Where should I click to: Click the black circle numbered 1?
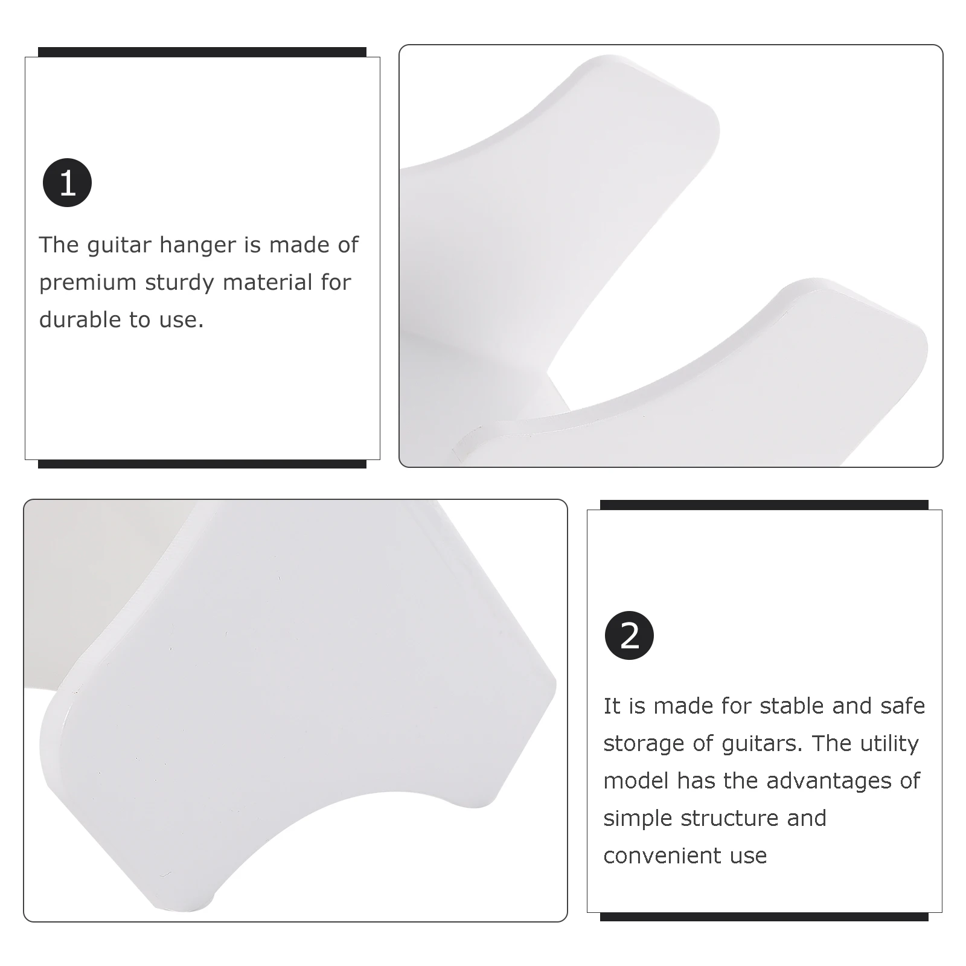click(x=67, y=182)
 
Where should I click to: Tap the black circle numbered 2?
click(x=629, y=635)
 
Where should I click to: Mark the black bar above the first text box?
click(x=202, y=52)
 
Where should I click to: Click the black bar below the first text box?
click(x=202, y=464)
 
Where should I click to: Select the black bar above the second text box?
click(x=764, y=505)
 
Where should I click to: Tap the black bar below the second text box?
click(x=764, y=916)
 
